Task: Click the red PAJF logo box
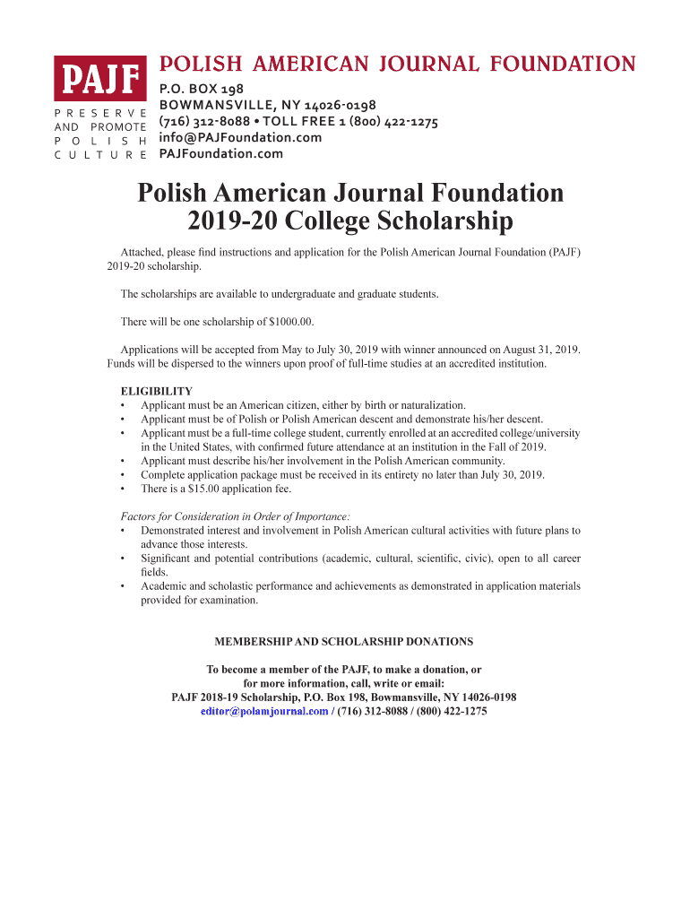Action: coord(99,79)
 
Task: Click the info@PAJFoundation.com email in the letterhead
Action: coord(239,137)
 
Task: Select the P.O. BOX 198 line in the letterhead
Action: coord(201,89)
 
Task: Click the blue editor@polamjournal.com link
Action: coord(264,711)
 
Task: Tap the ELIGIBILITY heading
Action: coord(157,392)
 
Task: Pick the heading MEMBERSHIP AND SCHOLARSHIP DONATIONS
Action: coord(344,642)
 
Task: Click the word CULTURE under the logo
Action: coord(100,154)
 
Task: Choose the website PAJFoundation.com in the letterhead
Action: coord(220,153)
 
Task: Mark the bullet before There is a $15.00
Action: coord(123,489)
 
